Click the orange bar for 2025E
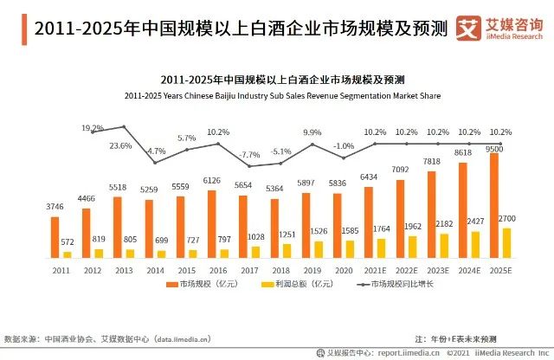click(x=494, y=205)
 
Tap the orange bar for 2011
click(x=55, y=236)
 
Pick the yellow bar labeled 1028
click(x=254, y=252)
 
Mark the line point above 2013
click(x=123, y=127)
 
